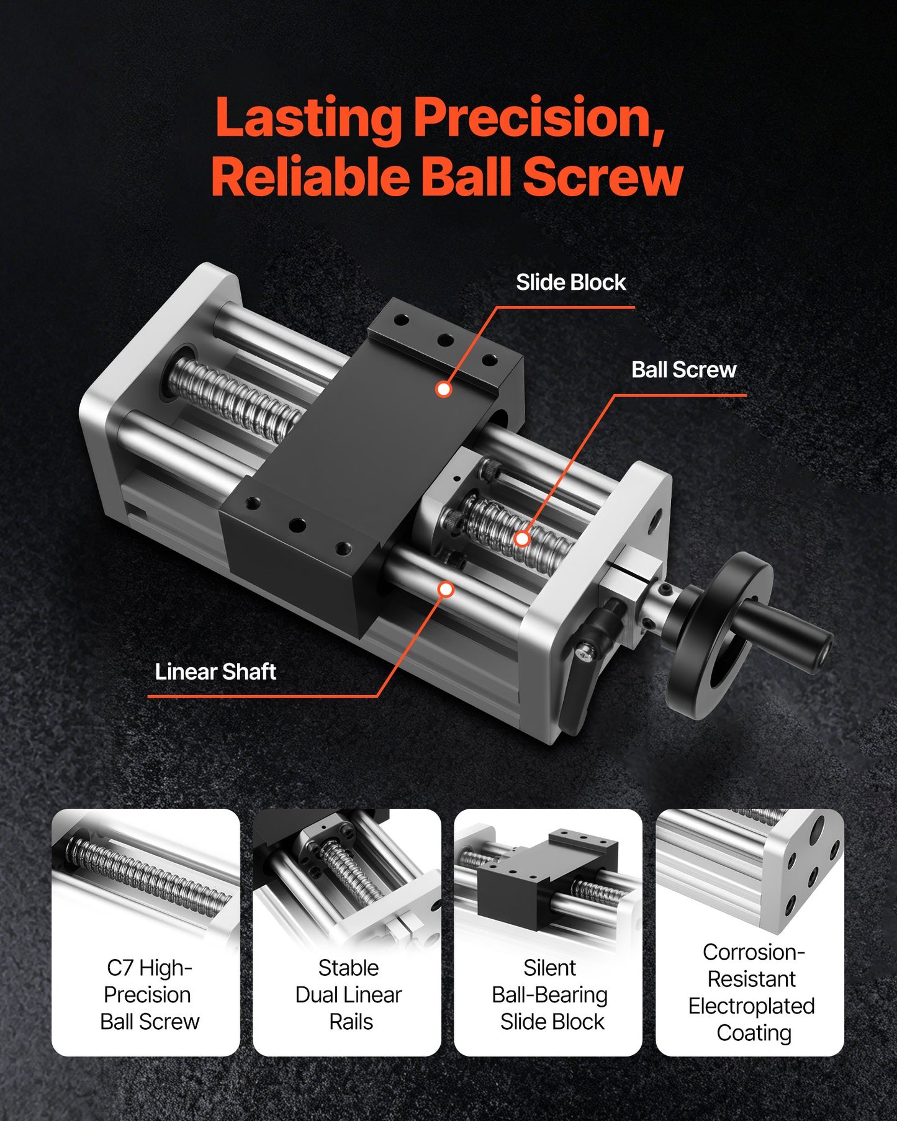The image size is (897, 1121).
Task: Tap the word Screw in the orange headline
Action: point(602,177)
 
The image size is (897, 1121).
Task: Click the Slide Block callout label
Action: point(570,282)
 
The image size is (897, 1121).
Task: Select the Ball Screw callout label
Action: point(683,370)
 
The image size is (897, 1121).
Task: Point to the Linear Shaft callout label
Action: point(215,672)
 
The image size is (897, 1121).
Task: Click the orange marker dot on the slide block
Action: point(443,389)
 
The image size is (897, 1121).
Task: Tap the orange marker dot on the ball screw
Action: point(522,539)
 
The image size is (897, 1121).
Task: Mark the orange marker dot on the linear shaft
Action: point(446,589)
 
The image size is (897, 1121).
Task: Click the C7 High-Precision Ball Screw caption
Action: point(149,994)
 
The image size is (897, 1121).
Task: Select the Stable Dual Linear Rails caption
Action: point(348,994)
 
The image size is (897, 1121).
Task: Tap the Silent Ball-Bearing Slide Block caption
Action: point(550,994)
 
